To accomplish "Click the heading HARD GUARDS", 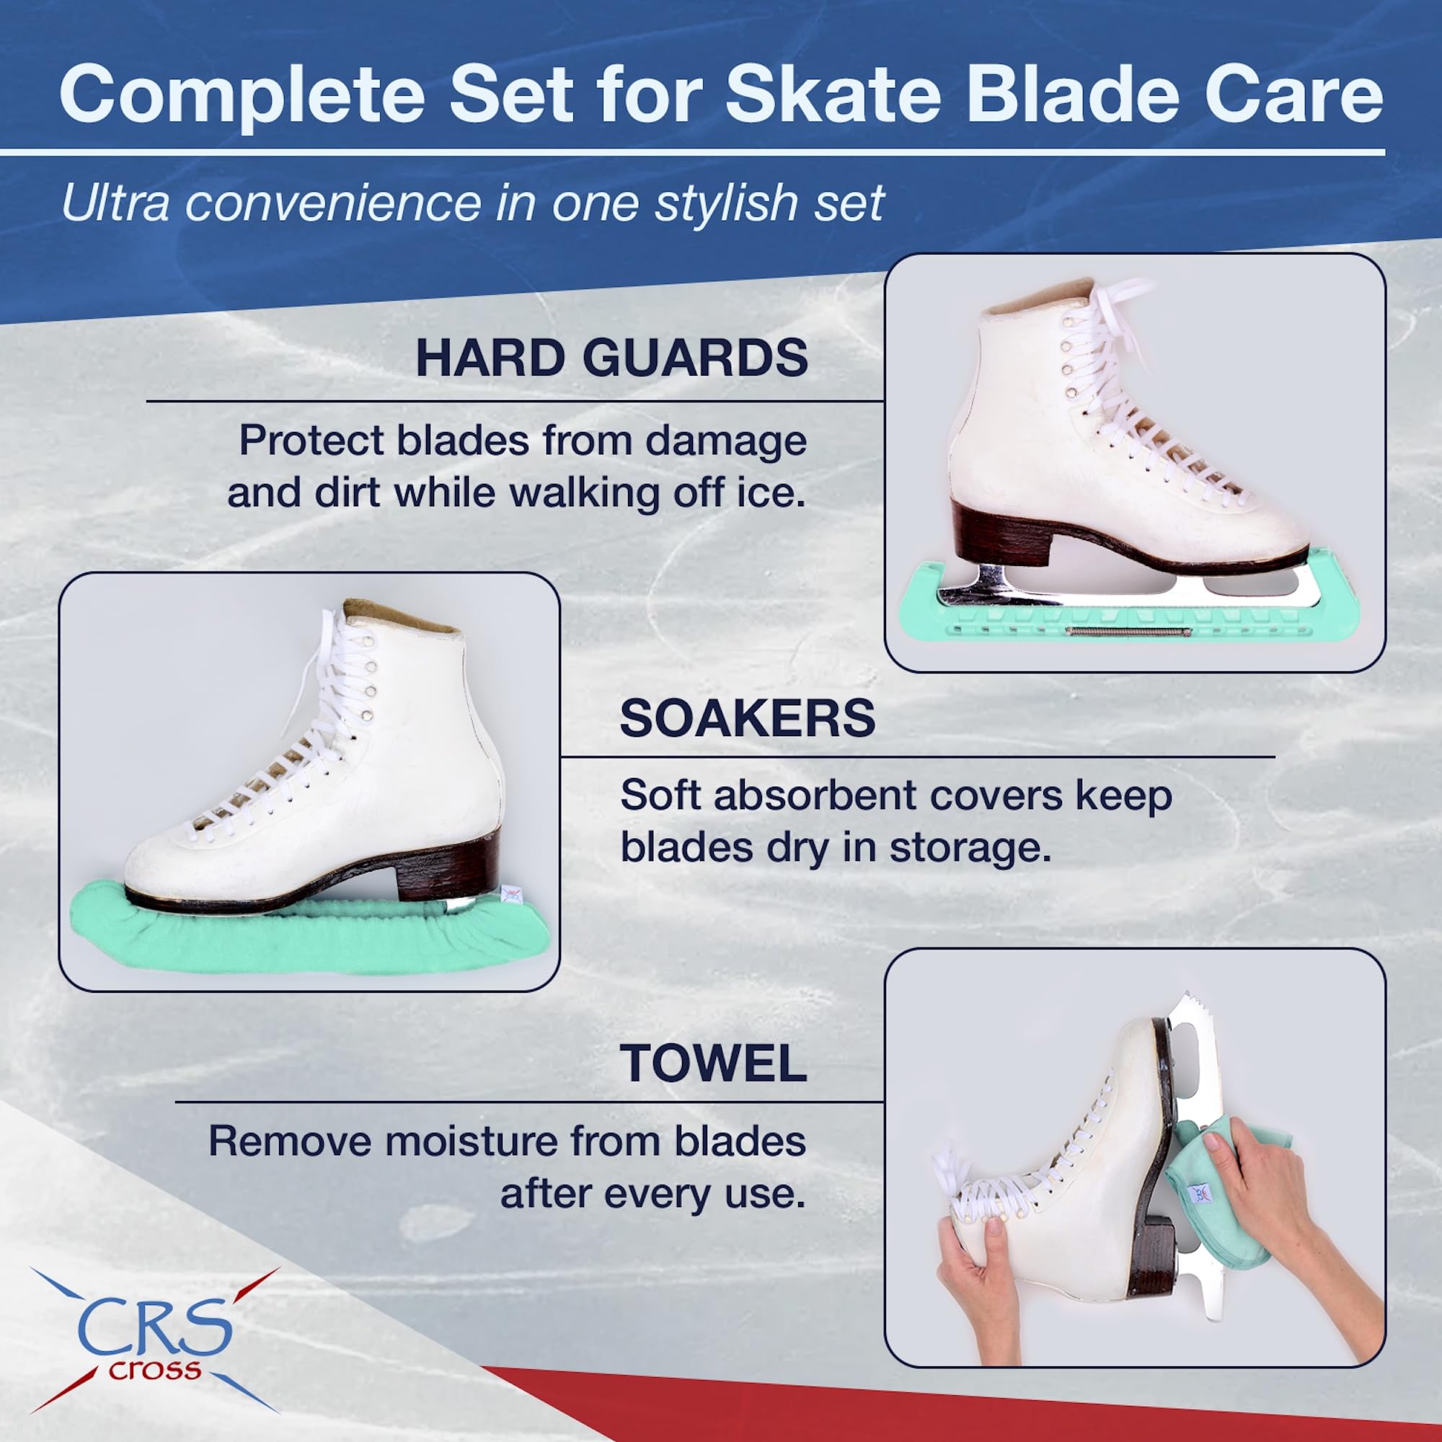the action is click(x=611, y=358).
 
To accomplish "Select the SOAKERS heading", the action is click(x=747, y=718).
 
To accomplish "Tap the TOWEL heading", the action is click(x=714, y=1063).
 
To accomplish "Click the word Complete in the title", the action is click(x=242, y=94).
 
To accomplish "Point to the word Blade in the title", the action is click(x=1073, y=94).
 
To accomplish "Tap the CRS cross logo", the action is click(x=154, y=1340).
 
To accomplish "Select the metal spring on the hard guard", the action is click(x=1128, y=632).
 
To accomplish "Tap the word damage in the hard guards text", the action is click(x=725, y=442).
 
